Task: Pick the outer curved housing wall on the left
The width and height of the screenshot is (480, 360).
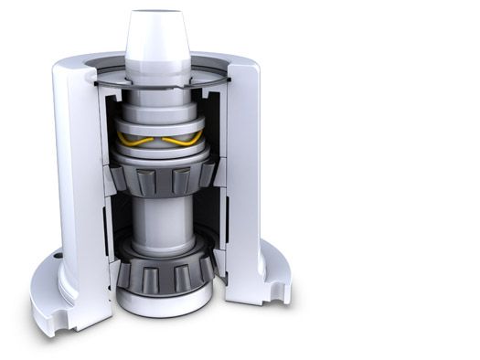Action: [x=69, y=164]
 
